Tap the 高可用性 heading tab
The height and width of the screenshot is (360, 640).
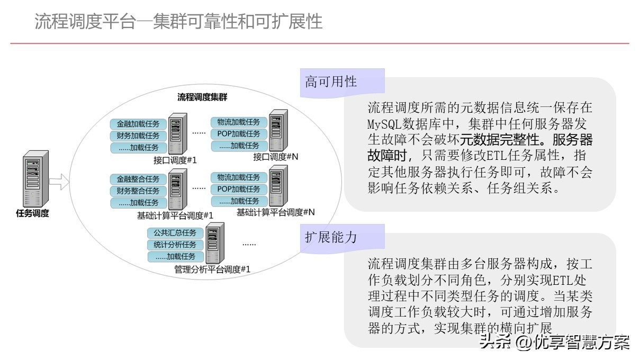(x=331, y=82)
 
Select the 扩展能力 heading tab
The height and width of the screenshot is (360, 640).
(x=331, y=237)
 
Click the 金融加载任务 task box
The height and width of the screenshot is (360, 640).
(x=138, y=124)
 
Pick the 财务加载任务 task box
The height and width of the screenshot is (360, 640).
(x=138, y=136)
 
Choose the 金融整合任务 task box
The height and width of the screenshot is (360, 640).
(x=138, y=179)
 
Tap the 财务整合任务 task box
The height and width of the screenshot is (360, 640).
(x=138, y=191)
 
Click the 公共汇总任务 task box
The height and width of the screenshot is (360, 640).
(x=175, y=233)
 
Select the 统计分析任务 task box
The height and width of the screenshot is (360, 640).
(x=175, y=245)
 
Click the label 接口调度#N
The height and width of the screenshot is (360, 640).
(x=276, y=157)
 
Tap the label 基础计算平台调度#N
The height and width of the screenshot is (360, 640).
(x=275, y=212)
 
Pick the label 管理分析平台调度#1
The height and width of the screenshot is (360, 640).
(x=212, y=269)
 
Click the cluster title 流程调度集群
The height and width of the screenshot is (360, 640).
(x=202, y=97)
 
